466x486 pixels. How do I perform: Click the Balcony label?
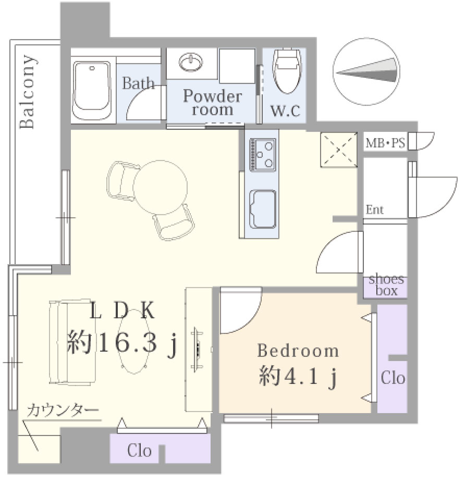point(27,92)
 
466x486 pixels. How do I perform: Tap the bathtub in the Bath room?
point(92,90)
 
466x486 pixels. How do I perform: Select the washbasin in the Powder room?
point(190,61)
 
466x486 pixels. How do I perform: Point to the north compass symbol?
point(366,71)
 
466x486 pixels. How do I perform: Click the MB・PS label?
point(385,143)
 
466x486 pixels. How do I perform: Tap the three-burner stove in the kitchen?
point(263,155)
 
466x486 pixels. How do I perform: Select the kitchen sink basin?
point(263,209)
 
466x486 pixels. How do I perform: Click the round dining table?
point(161,187)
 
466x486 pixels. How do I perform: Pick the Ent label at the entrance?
point(374,210)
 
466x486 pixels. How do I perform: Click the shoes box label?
point(386,285)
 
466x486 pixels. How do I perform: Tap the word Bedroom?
point(298,351)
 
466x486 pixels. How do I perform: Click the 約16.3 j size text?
point(122,343)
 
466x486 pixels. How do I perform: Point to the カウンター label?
point(63,411)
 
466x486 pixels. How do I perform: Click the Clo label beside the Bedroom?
point(393,378)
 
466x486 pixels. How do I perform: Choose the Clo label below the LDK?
point(139,451)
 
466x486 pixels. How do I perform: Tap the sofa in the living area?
point(72,342)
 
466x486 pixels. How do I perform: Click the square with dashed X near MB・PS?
point(339,149)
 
